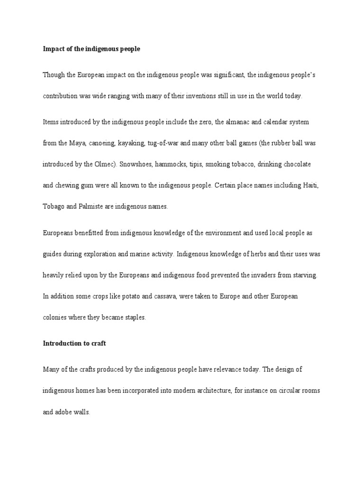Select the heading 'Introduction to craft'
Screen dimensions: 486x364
(74, 343)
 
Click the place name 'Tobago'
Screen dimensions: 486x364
(54, 207)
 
